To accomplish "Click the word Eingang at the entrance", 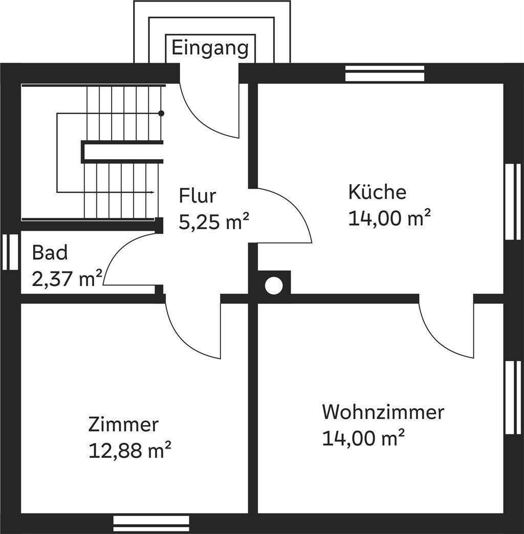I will (x=210, y=49).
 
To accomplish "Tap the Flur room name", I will (x=198, y=196).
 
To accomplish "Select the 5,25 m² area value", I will (x=214, y=222).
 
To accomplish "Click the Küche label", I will (x=377, y=192).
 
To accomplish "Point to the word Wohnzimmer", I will (x=383, y=412).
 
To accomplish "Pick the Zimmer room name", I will (x=123, y=425).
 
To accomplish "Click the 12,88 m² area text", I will (x=129, y=451).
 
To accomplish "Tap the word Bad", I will (x=50, y=253).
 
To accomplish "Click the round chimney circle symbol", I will (x=274, y=285).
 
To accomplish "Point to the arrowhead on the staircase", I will (x=152, y=192).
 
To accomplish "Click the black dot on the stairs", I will (x=161, y=113).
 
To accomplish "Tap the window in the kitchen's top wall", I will (x=385, y=73).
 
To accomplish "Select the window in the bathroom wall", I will (x=10, y=252).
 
